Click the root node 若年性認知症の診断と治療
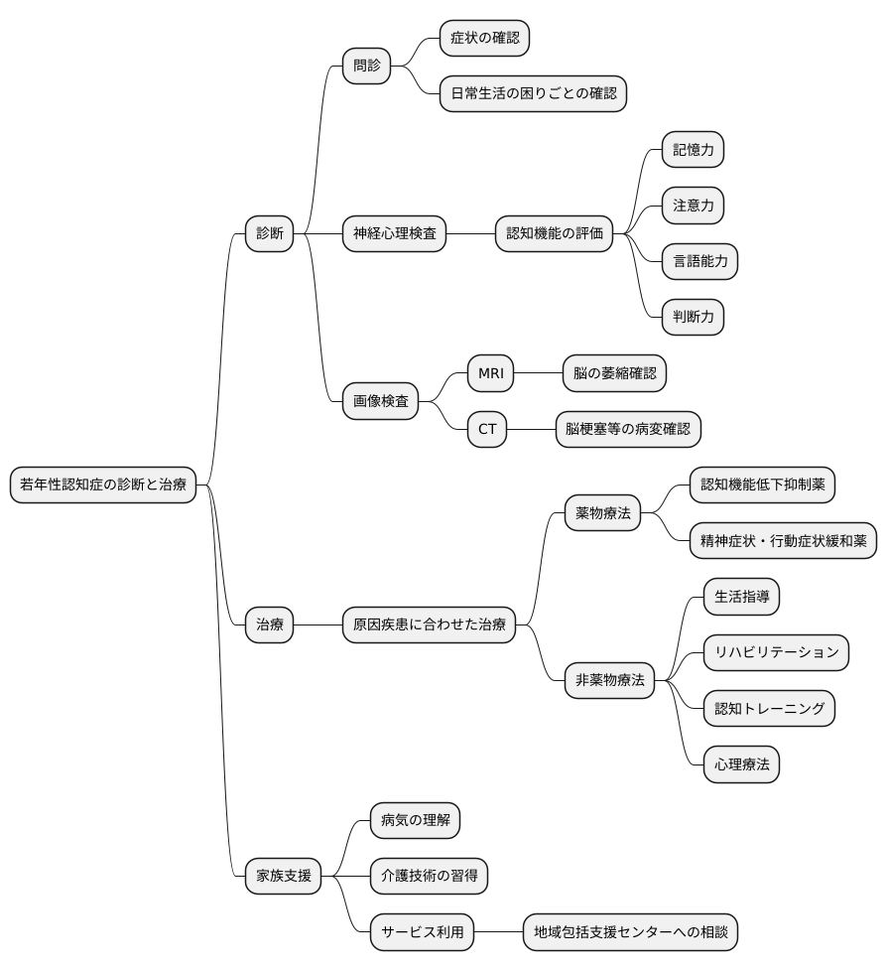pyautogui.click(x=103, y=485)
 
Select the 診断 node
pyautogui.click(x=270, y=234)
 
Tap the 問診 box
pyautogui.click(x=366, y=67)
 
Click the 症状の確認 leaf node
pyautogui.click(x=484, y=39)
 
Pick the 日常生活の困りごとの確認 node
pyautogui.click(x=533, y=94)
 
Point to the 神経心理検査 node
pyautogui.click(x=394, y=234)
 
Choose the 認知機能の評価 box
pyautogui.click(x=554, y=234)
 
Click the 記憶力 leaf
pyautogui.click(x=693, y=151)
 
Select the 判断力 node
pyautogui.click(x=693, y=318)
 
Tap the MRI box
pyautogui.click(x=491, y=373)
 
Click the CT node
pyautogui.click(x=486, y=429)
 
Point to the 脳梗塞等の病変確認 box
pyautogui.click(x=627, y=429)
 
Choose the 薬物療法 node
pyautogui.click(x=602, y=513)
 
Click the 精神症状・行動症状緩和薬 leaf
pyautogui.click(x=783, y=541)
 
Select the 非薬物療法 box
pyautogui.click(x=609, y=681)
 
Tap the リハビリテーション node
pyautogui.click(x=776, y=652)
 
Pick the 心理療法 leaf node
pyautogui.click(x=741, y=764)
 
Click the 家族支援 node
pyautogui.click(x=283, y=876)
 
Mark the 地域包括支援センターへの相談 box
pyautogui.click(x=630, y=932)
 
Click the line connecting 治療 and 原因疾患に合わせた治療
pyautogui.click(x=317, y=624)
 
